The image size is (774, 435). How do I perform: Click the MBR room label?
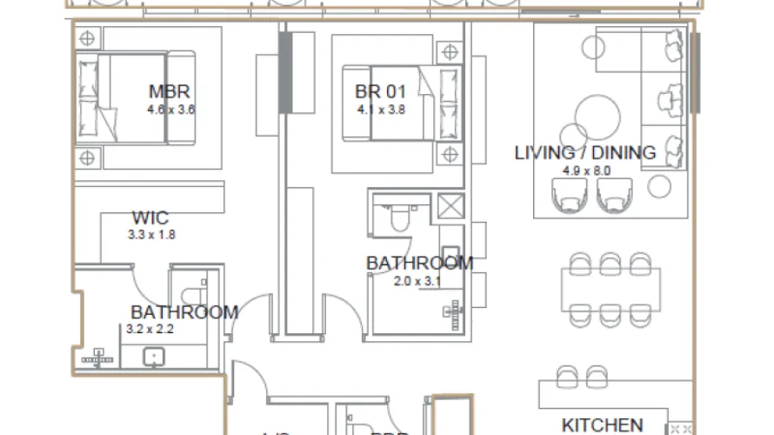point(170,92)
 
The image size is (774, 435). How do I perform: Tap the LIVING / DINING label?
point(584,153)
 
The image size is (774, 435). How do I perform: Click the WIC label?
point(150,217)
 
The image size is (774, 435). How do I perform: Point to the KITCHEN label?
point(602,425)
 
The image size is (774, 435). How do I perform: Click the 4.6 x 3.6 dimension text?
point(171,110)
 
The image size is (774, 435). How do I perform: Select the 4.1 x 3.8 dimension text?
point(381,110)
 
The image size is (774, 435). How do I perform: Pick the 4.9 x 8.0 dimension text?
point(587,171)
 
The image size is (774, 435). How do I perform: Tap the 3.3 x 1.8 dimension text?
point(152,234)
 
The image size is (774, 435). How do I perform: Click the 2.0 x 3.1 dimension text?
point(417,281)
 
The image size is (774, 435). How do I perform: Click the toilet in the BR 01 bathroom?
point(399,218)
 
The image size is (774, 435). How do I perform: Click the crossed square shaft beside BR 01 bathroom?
point(451,208)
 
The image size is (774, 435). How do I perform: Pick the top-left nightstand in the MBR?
point(87,38)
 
